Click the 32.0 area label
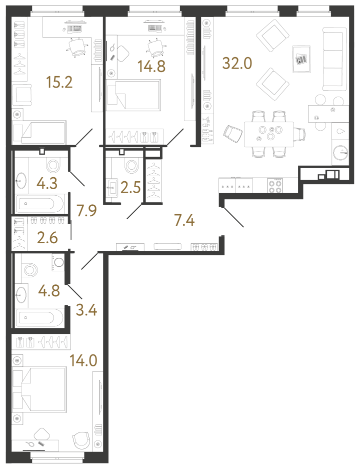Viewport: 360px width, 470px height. coord(238,64)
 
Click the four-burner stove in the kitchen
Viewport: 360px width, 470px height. coord(275,186)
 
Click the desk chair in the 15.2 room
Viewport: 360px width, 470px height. coord(77,47)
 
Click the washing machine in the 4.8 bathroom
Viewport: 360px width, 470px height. coord(58,262)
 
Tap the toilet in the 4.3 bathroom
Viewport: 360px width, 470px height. coord(52,165)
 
